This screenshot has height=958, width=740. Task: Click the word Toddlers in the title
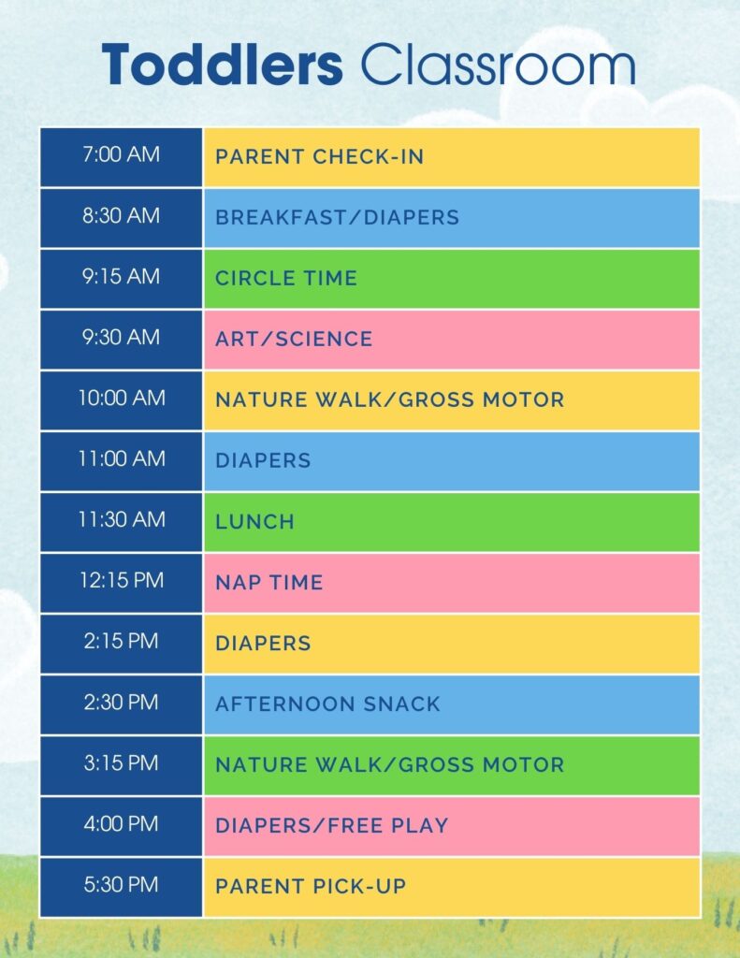223,65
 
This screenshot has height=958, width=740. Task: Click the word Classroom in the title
498,65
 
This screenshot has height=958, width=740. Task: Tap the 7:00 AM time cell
121,155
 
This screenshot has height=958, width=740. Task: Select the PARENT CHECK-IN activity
319,156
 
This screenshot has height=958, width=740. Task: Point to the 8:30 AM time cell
121,216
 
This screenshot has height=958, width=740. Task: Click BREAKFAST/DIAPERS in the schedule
337,217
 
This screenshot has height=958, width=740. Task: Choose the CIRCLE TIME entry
285,278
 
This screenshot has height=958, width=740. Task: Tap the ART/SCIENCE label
294,339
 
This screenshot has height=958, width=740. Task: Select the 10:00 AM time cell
121,399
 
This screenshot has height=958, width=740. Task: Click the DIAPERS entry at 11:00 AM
263,460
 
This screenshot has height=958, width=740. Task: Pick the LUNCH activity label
254,521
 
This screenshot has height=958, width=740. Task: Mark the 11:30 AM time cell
121,520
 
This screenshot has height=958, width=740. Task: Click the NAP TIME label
268,582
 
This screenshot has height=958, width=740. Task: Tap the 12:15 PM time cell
121,581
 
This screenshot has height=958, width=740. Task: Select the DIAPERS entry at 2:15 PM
263,643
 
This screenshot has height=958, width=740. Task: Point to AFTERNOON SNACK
327,704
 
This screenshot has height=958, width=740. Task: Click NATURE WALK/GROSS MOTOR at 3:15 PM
389,764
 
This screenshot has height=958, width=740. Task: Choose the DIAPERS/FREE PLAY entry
331,825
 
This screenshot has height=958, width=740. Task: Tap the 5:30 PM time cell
121,885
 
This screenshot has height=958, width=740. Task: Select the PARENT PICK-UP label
311,886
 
